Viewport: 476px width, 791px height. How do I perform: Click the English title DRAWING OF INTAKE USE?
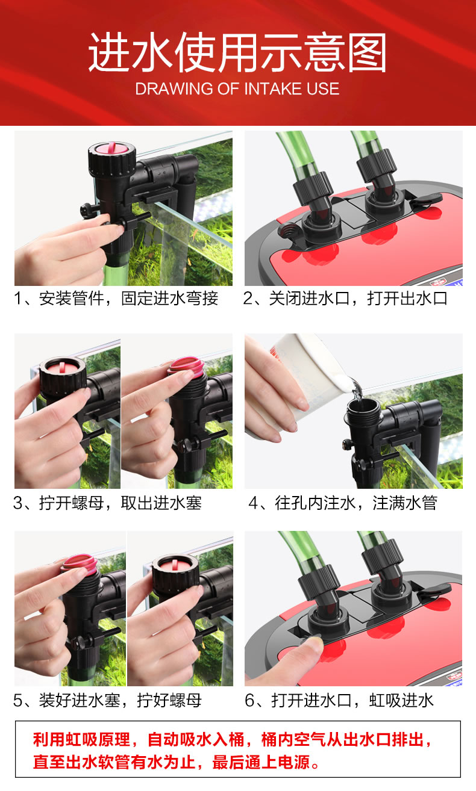tap(237, 88)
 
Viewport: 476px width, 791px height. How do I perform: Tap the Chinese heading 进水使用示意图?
tap(237, 52)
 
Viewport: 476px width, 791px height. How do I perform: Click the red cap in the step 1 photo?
tap(111, 148)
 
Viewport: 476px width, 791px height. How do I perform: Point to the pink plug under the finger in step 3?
tap(187, 366)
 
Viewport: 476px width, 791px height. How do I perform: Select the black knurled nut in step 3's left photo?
tap(63, 375)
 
